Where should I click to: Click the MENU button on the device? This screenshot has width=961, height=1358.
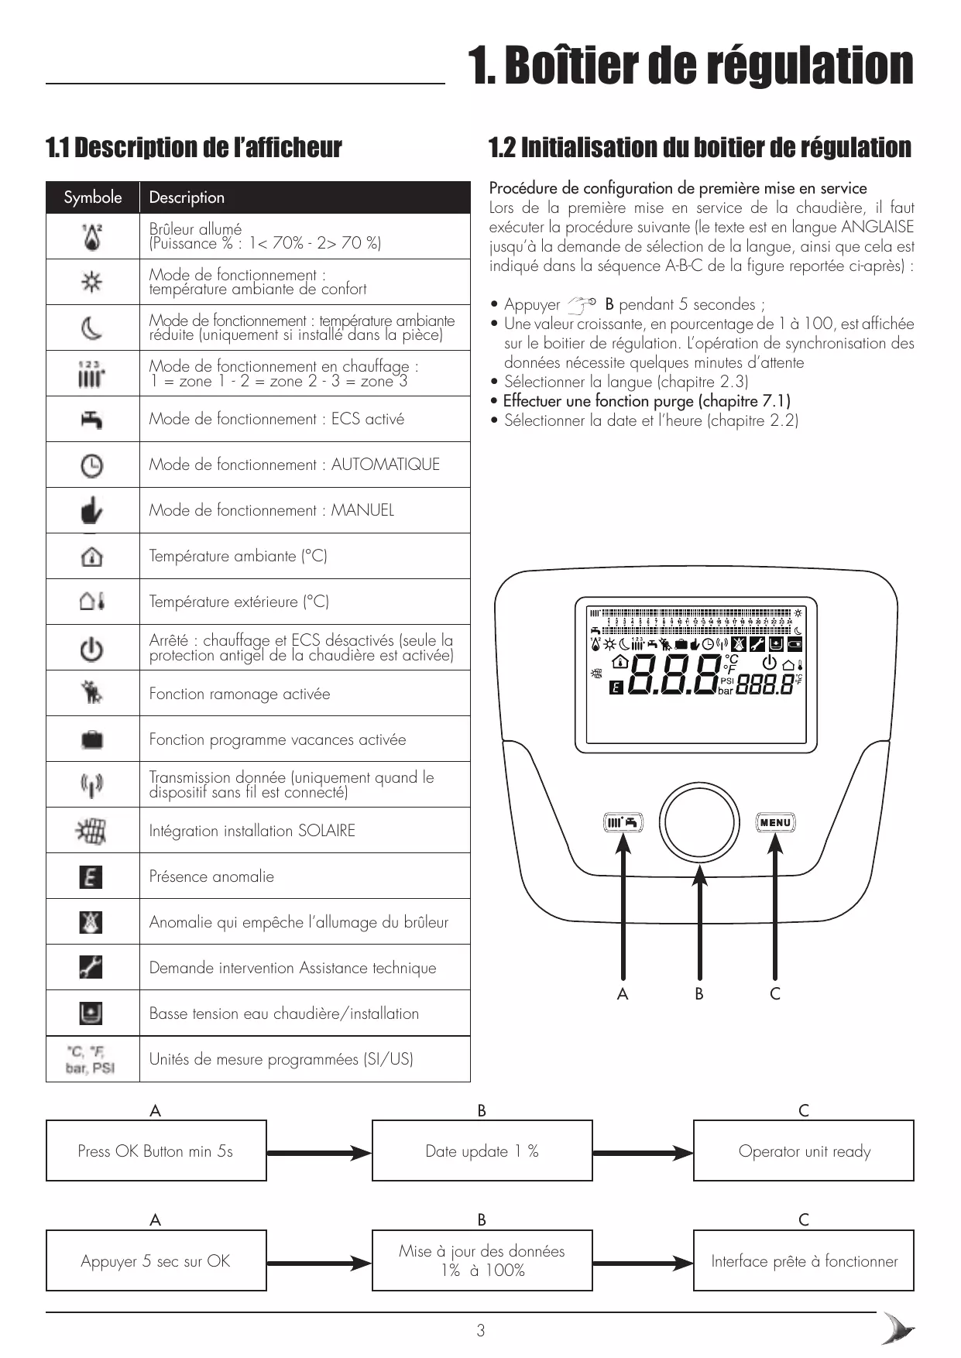775,822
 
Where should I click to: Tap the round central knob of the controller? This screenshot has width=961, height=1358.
699,822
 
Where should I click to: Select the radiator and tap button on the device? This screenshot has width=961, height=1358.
623,822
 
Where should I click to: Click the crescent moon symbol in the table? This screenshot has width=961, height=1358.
91,328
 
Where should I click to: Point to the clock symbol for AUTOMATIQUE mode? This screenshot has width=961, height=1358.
91,465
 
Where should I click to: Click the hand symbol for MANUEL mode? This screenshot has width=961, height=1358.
91,511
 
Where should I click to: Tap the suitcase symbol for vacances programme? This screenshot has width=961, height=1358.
91,739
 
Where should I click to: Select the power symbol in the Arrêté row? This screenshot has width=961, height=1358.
91,648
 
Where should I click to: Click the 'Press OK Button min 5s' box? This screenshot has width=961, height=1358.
156,1151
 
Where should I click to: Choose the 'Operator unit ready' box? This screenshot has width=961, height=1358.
804,1151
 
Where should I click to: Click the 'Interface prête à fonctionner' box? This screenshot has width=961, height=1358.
804,1261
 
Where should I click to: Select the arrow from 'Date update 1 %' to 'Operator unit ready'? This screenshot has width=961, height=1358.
643,1153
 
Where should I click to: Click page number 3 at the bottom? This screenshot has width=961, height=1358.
481,1331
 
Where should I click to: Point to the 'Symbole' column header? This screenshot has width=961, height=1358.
93,197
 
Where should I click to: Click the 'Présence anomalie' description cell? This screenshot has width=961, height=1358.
304,876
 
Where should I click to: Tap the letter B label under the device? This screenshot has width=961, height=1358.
699,994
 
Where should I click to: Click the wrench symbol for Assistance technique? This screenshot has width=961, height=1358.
91,967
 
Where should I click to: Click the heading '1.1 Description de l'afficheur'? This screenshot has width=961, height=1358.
194,147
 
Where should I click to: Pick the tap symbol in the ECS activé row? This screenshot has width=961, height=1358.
91,420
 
